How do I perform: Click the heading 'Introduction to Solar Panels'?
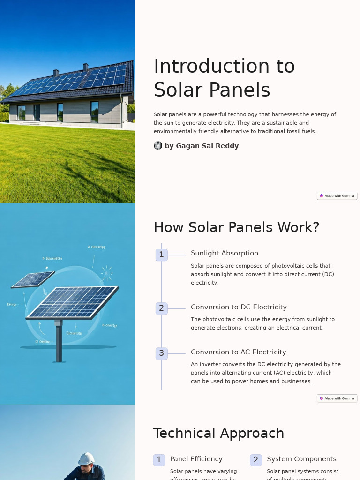pos(224,78)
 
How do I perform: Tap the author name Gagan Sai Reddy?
pos(202,146)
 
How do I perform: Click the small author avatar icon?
pos(158,145)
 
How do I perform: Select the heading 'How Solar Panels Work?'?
pos(236,227)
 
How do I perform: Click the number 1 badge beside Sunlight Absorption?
pos(161,255)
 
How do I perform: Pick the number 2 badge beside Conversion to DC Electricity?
pos(161,308)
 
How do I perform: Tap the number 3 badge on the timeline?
pos(161,353)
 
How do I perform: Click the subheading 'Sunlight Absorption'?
pos(224,253)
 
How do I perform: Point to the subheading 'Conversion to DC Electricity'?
pos(239,307)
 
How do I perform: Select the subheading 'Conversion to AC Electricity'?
pos(238,352)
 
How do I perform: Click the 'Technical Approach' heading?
pos(218,433)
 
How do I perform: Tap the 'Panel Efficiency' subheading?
pos(196,459)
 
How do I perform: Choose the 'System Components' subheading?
pos(301,459)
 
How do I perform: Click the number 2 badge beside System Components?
pos(255,460)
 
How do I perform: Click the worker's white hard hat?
pos(86,459)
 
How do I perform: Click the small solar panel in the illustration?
pos(33,279)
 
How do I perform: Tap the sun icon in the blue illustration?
pos(107,273)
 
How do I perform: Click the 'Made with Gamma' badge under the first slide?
pos(337,196)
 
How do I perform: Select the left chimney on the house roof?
pos(56,73)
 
